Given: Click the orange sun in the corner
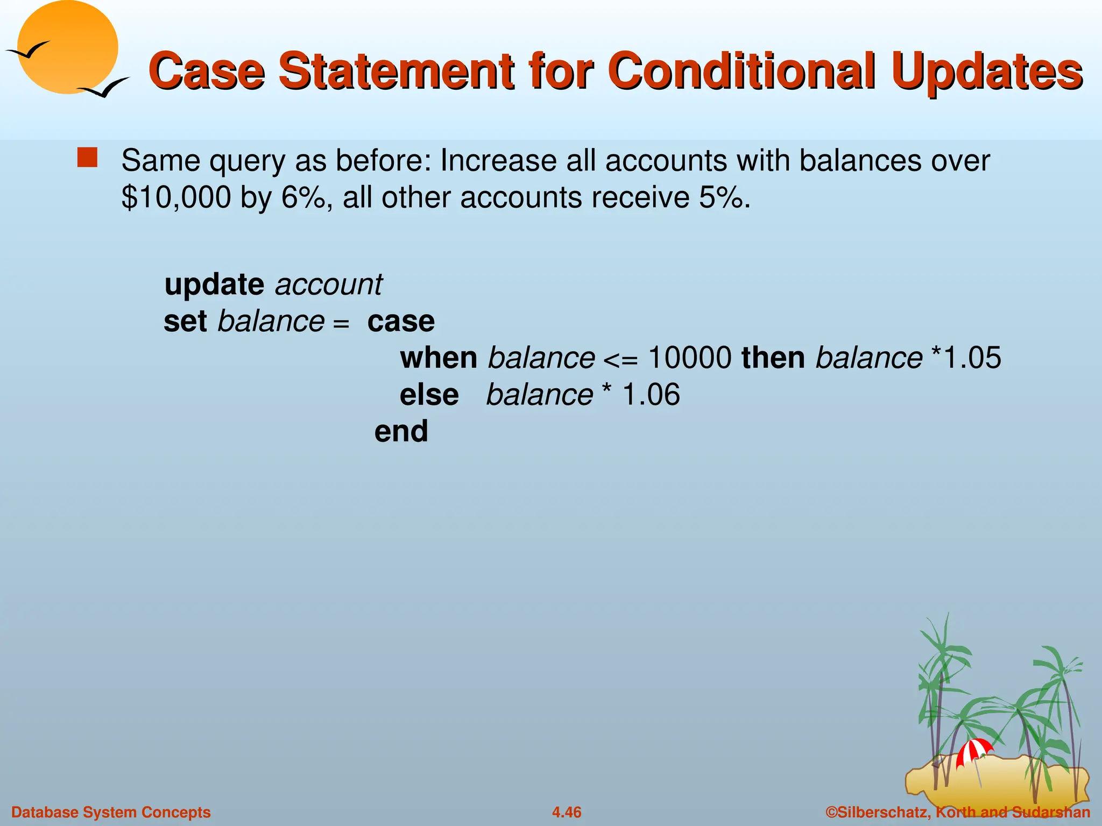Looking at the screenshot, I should point(67,47).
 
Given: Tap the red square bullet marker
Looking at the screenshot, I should point(87,158).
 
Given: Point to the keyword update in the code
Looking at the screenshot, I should point(214,284).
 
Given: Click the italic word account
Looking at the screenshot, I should point(328,284).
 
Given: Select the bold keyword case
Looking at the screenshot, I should point(401,322).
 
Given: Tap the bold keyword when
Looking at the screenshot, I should point(439,358).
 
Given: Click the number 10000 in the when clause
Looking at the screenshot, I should point(689,358).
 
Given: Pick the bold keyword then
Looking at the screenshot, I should point(773,358).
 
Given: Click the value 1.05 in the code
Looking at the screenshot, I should point(973,358).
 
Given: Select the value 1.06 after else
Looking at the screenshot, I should point(651,395).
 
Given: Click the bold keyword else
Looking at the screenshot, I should point(429,395).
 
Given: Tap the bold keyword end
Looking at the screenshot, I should point(401,431).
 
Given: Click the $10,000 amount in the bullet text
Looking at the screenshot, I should point(176,197).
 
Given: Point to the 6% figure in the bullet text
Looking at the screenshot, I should point(303,197).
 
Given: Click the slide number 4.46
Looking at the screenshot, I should point(567,812).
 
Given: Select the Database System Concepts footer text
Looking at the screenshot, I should point(111,812).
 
